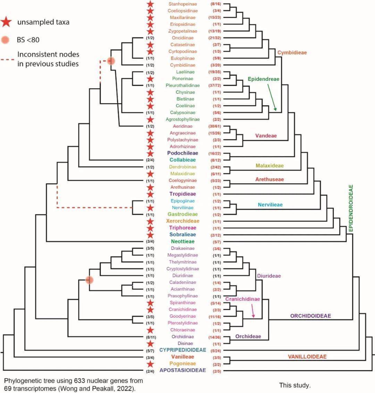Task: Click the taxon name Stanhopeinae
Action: click(x=182, y=4)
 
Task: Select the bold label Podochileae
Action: click(x=182, y=153)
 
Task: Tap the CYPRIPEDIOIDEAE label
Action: click(x=182, y=350)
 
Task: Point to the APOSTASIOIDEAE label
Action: click(x=182, y=370)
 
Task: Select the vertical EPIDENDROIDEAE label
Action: click(x=351, y=208)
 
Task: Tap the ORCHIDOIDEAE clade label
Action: click(x=310, y=316)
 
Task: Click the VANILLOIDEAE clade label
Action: click(x=307, y=357)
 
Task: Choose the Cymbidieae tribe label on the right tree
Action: click(x=292, y=52)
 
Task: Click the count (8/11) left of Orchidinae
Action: click(x=150, y=337)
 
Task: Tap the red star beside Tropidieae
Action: click(x=150, y=194)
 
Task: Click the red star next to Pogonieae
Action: click(x=150, y=364)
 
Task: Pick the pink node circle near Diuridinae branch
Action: click(x=90, y=279)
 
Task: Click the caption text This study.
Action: click(x=294, y=385)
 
